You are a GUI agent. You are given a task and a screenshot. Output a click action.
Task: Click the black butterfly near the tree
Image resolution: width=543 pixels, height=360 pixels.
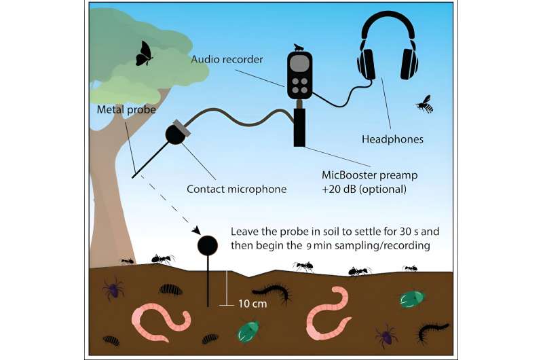point(144,54)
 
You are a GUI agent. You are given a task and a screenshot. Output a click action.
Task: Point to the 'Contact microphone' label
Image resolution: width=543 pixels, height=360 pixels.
point(236,188)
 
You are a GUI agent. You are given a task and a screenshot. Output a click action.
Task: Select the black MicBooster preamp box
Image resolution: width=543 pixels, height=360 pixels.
point(299,126)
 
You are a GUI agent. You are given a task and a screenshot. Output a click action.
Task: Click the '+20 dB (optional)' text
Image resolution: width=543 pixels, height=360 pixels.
point(364,189)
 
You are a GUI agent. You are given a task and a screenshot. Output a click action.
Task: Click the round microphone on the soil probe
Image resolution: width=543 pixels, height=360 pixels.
point(207,245)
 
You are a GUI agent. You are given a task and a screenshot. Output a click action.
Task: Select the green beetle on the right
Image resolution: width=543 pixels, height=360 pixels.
point(411,298)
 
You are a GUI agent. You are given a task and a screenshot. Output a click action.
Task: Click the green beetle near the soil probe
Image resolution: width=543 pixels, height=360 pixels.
point(248,331)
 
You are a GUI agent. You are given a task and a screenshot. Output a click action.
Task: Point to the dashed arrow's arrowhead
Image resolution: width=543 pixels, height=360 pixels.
point(197,231)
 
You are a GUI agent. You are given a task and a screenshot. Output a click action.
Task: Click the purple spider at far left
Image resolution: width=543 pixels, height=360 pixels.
point(113,290)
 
